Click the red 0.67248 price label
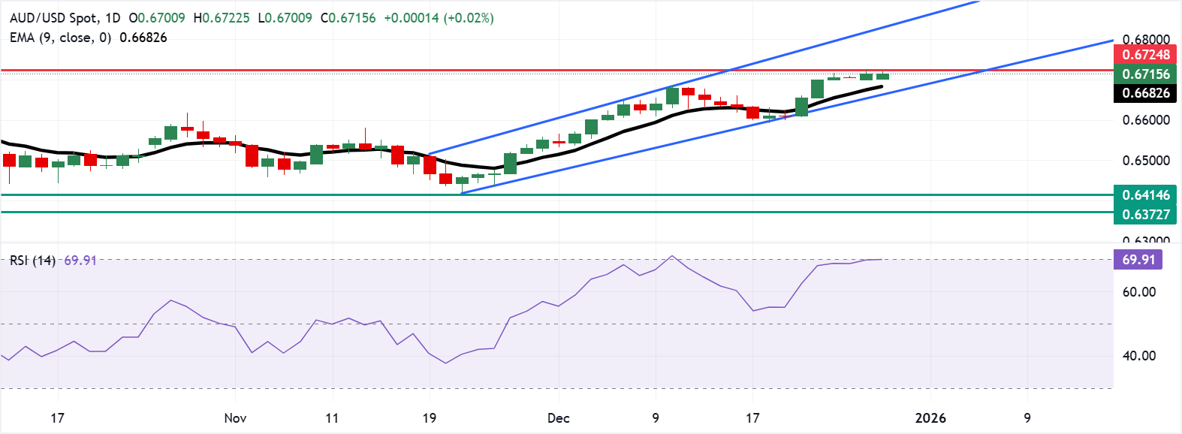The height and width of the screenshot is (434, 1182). coord(1145,54)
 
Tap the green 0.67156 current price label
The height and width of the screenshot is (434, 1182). coord(1145,74)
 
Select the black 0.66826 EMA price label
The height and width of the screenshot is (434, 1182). coord(1145,93)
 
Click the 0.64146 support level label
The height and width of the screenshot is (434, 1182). coord(1145,195)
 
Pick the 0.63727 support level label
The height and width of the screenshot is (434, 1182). coord(1145,215)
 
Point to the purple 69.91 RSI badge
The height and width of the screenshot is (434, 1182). coord(1138,260)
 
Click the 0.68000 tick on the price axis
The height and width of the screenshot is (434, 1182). coord(1145,39)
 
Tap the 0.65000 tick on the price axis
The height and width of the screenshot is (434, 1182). coord(1145,161)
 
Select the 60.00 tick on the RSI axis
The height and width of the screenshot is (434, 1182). coord(1138,292)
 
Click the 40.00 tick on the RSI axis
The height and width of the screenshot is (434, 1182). coord(1138,356)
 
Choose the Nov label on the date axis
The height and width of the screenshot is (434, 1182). coord(235,418)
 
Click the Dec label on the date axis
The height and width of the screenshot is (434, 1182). coord(558,418)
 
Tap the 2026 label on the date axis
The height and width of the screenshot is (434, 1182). coord(930,418)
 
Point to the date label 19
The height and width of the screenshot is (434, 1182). coord(429,418)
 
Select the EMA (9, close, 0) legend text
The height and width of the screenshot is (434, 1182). coord(60,38)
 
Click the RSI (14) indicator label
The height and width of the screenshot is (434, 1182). coord(32,261)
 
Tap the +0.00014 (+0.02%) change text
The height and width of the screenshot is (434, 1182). coord(439,18)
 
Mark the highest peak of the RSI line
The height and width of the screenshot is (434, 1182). coord(672,256)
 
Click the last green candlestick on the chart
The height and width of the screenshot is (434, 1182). coord(882,76)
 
